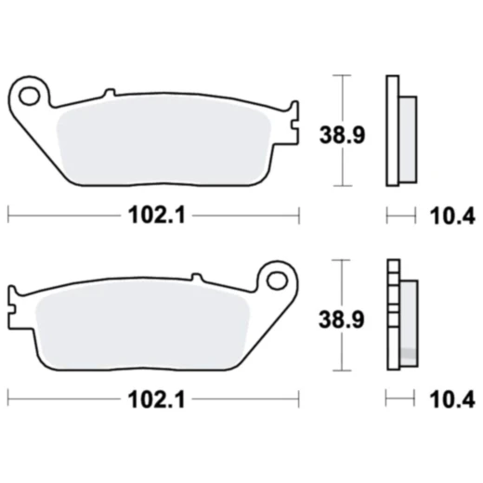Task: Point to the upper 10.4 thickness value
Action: click(450, 217)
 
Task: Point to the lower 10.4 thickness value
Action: click(450, 401)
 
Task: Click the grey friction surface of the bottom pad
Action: click(139, 325)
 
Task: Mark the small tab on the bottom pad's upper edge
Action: click(196, 276)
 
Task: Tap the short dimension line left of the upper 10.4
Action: click(399, 217)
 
